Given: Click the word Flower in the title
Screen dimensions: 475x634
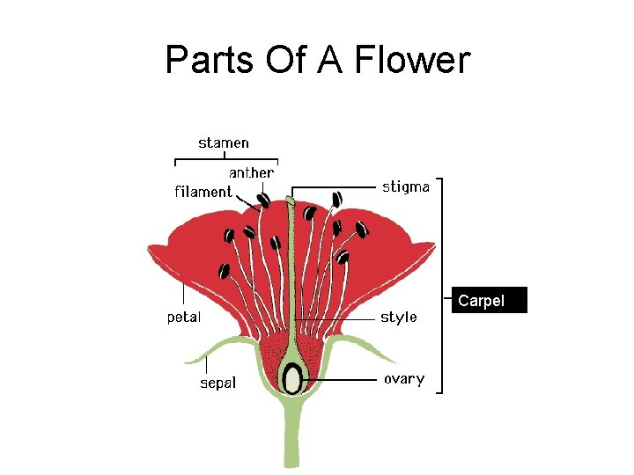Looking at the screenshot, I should [x=412, y=61].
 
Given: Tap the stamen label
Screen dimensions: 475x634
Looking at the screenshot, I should [x=224, y=142].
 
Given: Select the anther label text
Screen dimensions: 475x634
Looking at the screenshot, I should [x=251, y=172].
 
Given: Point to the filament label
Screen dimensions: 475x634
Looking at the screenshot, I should [x=203, y=192].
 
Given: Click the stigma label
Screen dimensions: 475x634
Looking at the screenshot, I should [x=405, y=186].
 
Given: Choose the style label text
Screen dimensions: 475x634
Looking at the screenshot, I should [x=399, y=317].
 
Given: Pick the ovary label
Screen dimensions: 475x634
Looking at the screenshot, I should [x=403, y=379].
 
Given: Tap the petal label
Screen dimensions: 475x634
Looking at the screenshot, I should [x=184, y=317].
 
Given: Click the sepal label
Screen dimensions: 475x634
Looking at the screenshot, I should [x=217, y=383].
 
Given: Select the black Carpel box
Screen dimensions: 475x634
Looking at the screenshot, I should [x=491, y=301].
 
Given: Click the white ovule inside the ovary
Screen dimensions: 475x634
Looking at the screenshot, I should [x=291, y=378].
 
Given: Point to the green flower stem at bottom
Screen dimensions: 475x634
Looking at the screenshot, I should [x=291, y=440].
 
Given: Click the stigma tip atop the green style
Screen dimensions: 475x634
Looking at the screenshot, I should [x=291, y=201].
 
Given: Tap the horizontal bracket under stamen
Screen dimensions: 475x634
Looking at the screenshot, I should [x=226, y=159].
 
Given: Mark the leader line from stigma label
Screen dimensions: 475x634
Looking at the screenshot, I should [x=335, y=186].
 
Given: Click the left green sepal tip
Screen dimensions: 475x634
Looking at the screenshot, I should [x=188, y=361].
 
